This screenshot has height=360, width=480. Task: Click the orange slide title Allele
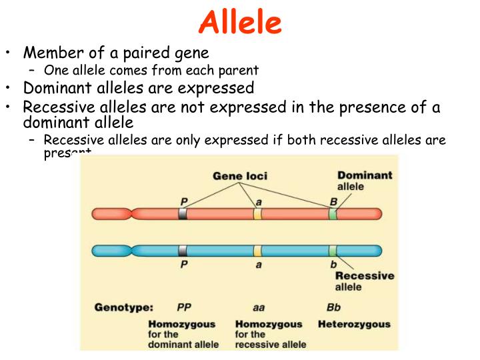click(x=240, y=23)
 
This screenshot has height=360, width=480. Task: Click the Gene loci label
click(x=240, y=176)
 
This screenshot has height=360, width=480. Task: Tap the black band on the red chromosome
click(x=183, y=214)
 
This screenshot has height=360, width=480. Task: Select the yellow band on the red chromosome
click(x=257, y=214)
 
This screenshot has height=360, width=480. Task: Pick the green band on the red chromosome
click(x=333, y=214)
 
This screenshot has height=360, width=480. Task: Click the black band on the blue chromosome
click(x=183, y=251)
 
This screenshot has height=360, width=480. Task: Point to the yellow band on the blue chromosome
click(x=257, y=251)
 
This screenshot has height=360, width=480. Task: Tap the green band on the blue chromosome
click(x=333, y=251)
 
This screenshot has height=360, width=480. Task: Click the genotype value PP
click(x=184, y=308)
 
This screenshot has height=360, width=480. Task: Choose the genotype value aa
click(x=259, y=308)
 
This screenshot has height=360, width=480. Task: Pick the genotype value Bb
click(x=333, y=308)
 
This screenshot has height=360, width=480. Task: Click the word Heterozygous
click(x=354, y=325)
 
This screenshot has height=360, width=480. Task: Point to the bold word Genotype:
click(x=123, y=308)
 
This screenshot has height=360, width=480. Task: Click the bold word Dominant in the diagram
click(x=365, y=175)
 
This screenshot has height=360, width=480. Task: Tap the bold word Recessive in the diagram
click(x=364, y=276)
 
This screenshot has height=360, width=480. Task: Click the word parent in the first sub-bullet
click(x=240, y=70)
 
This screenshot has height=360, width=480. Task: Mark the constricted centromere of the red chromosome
click(x=135, y=214)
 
